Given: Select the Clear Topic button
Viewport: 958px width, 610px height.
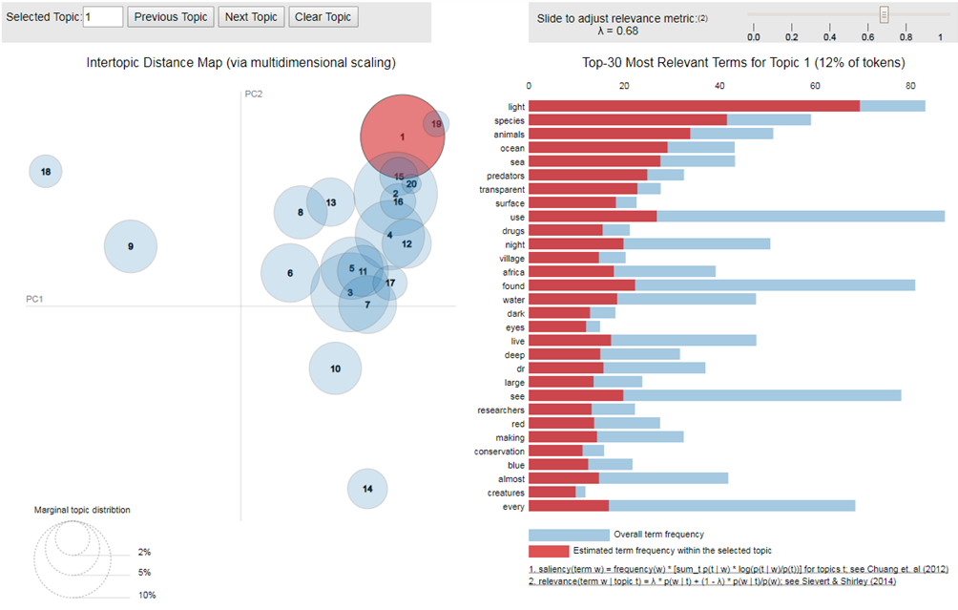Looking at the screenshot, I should [x=323, y=17].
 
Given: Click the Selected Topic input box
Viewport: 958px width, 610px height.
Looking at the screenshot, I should [x=103, y=17].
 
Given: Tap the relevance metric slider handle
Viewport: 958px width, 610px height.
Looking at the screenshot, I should [x=884, y=15].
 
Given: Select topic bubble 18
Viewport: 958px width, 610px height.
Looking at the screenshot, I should [x=46, y=172].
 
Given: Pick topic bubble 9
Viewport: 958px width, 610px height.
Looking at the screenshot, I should [x=130, y=246].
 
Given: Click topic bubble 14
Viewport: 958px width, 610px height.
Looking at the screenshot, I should [x=367, y=489].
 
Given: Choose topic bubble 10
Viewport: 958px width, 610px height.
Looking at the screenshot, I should [x=335, y=368].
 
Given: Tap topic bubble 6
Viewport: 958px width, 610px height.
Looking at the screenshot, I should [x=289, y=273].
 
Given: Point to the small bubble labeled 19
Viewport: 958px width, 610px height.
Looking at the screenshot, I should [x=436, y=124].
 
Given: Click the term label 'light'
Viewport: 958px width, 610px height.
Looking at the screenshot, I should [x=515, y=106].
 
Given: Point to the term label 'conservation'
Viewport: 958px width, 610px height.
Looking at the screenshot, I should [x=499, y=451].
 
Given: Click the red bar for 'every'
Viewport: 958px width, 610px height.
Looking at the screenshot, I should [x=568, y=506].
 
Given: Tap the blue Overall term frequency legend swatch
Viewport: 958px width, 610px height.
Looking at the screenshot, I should [x=568, y=535].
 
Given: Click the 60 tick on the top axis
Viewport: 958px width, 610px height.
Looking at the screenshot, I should [x=815, y=85].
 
